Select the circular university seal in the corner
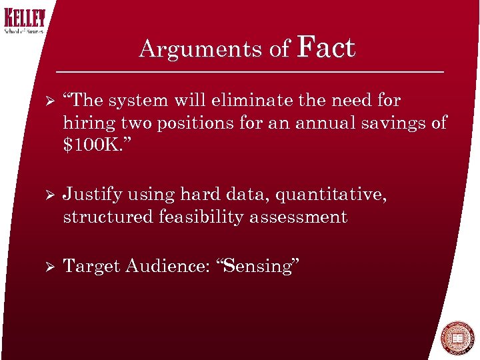pos(457,339)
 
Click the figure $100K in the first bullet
pos(93,145)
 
